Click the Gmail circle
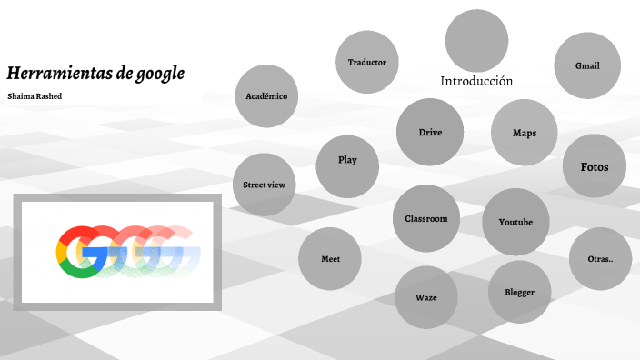tap(586, 65)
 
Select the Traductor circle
tap(367, 62)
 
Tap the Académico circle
tap(266, 95)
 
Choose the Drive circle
tap(430, 133)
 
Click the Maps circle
tap(524, 133)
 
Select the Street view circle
tap(265, 185)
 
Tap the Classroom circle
tap(426, 218)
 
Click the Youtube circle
tap(515, 223)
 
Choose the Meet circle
tap(331, 259)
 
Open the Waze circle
tap(426, 297)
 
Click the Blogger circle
tap(519, 292)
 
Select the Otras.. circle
tap(601, 259)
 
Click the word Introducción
tap(476, 81)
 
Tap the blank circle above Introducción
tap(476, 40)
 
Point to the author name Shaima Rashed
tap(35, 95)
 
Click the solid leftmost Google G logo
tap(78, 251)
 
